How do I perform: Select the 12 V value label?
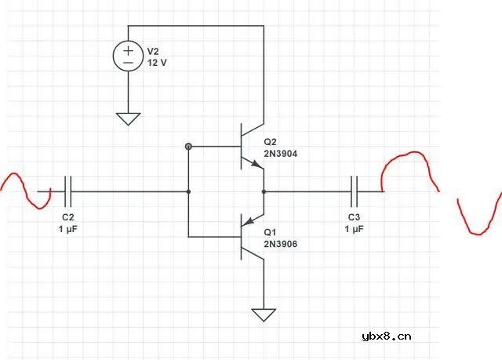tap(157, 62)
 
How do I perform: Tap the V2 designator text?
tap(154, 51)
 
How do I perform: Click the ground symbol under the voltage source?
tap(128, 118)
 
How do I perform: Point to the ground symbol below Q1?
tap(264, 315)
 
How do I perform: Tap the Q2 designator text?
tap(271, 143)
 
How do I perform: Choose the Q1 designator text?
tap(271, 232)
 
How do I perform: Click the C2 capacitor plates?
tap(68, 191)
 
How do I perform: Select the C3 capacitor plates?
tap(355, 191)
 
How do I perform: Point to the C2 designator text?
tap(67, 216)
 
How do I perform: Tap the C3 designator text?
tap(354, 216)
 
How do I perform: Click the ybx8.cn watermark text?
tap(387, 336)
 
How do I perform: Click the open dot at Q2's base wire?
tap(188, 146)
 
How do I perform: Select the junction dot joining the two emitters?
tap(264, 191)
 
